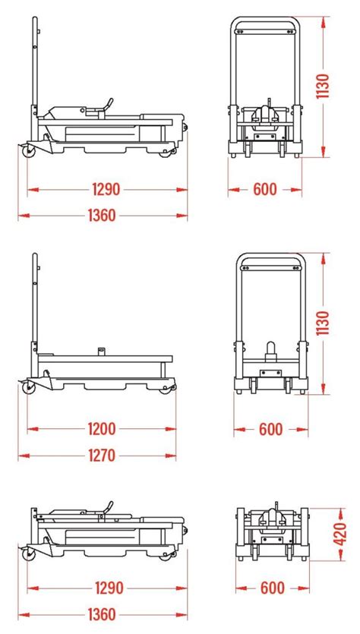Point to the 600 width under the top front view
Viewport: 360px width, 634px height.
tap(265, 188)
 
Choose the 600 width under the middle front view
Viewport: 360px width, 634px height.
tap(270, 430)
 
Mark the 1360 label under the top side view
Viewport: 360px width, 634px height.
tap(103, 215)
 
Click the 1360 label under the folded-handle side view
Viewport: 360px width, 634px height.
tap(103, 615)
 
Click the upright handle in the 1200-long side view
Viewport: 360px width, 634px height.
tap(35, 304)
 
